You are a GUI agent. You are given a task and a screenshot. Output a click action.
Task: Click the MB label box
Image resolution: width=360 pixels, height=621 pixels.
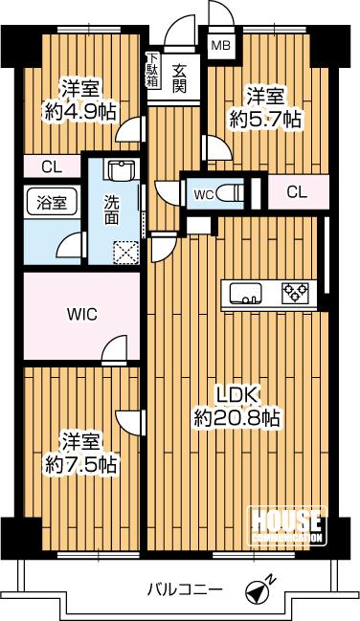click(x=220, y=45)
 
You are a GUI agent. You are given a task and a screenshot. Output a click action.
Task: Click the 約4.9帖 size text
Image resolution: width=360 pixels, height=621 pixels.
click(x=79, y=112)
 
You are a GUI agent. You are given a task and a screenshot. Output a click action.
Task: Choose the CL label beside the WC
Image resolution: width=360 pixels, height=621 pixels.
click(x=297, y=191)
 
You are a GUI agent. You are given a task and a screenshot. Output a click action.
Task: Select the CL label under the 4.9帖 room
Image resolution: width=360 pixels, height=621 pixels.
click(x=52, y=166)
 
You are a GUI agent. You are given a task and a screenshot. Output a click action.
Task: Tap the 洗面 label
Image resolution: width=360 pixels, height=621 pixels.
click(x=112, y=210)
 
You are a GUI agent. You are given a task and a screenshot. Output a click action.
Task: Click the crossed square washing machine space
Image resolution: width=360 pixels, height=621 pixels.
click(x=125, y=253)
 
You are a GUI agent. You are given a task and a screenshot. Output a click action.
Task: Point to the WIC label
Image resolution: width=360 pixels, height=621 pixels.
click(x=80, y=313)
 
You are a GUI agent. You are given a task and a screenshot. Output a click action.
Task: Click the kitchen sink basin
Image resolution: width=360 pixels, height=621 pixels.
click(x=243, y=292)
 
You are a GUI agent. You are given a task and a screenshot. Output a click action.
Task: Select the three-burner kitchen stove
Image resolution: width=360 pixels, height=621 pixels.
click(x=295, y=292)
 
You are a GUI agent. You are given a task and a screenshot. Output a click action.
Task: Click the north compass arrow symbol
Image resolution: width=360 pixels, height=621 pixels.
click(x=259, y=591)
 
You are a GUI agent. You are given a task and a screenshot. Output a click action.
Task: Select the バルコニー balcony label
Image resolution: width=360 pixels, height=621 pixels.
click(x=185, y=588)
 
